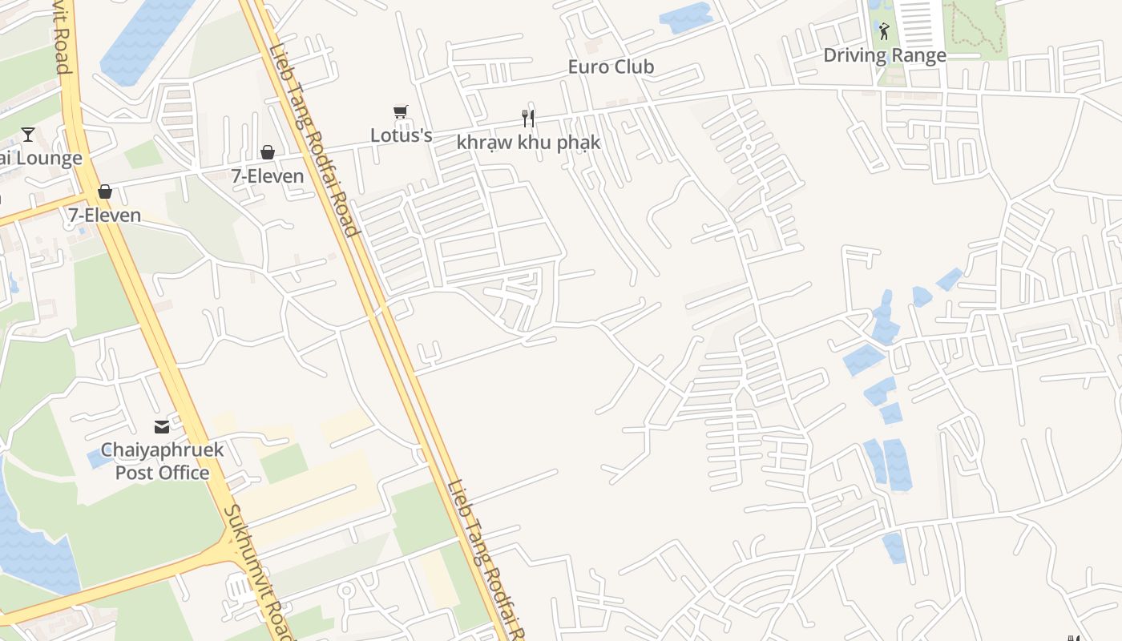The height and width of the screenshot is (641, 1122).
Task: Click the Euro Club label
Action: click(611, 67)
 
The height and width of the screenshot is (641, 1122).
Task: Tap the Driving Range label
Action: click(885, 55)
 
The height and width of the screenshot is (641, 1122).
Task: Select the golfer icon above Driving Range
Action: click(884, 31)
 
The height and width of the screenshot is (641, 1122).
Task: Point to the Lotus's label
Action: click(401, 135)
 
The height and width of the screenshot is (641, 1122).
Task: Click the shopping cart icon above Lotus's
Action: click(401, 112)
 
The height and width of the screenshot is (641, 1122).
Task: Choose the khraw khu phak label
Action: click(528, 143)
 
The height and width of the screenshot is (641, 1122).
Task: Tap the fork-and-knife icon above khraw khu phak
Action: click(527, 119)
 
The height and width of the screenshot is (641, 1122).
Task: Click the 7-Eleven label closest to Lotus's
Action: click(268, 176)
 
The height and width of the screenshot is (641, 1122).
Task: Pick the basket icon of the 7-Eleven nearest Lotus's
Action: click(267, 152)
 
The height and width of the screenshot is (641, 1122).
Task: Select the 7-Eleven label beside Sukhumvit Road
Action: click(104, 215)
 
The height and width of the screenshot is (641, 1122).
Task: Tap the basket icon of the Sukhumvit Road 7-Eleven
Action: click(104, 191)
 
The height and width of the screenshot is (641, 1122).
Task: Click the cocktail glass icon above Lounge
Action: click(28, 134)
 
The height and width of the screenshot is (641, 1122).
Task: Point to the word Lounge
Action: click(49, 158)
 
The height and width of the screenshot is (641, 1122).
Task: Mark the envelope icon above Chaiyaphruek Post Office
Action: click(162, 427)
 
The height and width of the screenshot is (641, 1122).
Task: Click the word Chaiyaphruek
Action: click(162, 450)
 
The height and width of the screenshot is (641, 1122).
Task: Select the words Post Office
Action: click(162, 473)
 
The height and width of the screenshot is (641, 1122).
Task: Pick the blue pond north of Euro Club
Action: click(685, 18)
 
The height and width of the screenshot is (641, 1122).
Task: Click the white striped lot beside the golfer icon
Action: click(918, 24)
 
